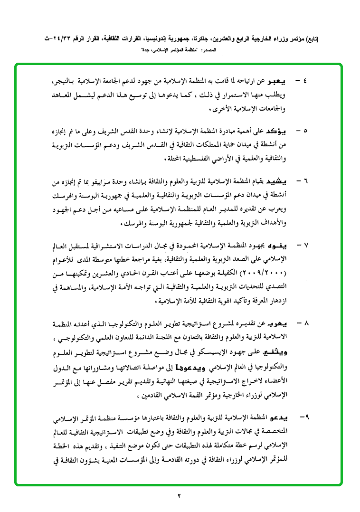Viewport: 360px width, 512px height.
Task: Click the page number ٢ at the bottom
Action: (180, 496)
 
